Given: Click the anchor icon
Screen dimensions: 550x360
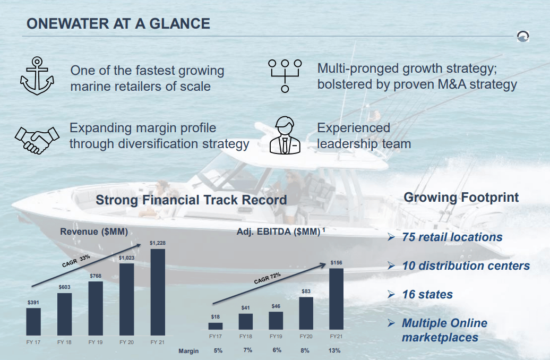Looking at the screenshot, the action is coord(37,76).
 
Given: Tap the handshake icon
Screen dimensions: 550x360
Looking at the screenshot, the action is coord(37,140).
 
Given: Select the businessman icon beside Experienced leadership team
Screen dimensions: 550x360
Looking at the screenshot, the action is coord(285,135).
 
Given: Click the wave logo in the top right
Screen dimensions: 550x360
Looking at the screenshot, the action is coord(523,36).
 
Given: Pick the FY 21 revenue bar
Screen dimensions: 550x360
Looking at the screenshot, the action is coord(158,292).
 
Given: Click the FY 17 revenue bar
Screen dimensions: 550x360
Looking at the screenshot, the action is coord(33,322).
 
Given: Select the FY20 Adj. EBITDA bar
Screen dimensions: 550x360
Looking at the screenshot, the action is coord(306,313).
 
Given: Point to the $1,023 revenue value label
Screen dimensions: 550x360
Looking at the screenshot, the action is coord(126,258).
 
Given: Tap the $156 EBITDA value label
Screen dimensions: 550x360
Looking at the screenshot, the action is coord(336,263).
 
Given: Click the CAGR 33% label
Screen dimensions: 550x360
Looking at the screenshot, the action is coord(76,261).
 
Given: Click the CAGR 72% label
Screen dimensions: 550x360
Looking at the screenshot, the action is coord(267,278).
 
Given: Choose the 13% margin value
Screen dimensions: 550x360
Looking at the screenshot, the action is coord(334,350).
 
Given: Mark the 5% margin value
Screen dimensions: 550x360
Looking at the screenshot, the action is coord(218,350).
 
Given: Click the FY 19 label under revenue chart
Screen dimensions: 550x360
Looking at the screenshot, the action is coord(96,342).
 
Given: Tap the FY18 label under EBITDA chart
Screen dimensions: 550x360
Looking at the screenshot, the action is coord(245,337).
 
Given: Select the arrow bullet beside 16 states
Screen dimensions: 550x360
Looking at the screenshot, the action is coord(391,294).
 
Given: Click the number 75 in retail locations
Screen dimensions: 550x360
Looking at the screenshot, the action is coord(408,237).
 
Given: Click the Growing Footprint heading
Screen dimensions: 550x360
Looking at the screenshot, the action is coord(461,198).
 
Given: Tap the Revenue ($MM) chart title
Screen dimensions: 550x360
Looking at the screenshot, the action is coord(94,232).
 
